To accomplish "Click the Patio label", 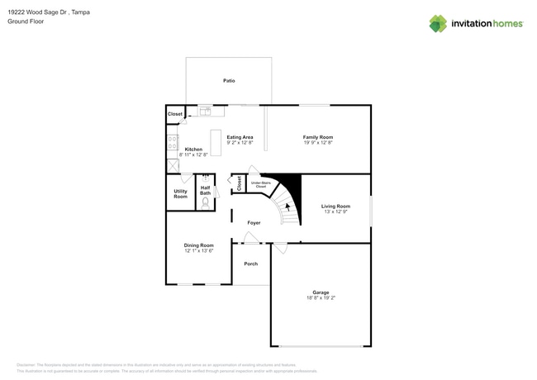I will [x=229, y=81].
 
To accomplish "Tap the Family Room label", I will [x=317, y=137].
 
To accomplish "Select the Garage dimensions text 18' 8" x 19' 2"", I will [x=321, y=298].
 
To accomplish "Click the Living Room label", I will [x=335, y=207].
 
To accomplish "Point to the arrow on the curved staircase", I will [x=287, y=209].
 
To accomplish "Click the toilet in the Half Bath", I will [x=205, y=201].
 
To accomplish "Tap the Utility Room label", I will [x=180, y=193].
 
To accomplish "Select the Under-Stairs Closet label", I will [x=261, y=184].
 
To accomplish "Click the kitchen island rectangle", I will [x=216, y=142].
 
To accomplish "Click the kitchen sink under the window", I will [x=204, y=111].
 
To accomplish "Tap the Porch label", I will [x=250, y=264].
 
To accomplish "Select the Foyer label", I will [x=254, y=223].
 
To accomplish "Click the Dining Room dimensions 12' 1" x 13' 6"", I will [x=198, y=250].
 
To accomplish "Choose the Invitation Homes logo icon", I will [x=438, y=23].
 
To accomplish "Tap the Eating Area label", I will [x=240, y=137].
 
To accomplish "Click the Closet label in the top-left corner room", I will [x=175, y=114].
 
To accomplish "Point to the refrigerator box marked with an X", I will [x=173, y=165].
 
